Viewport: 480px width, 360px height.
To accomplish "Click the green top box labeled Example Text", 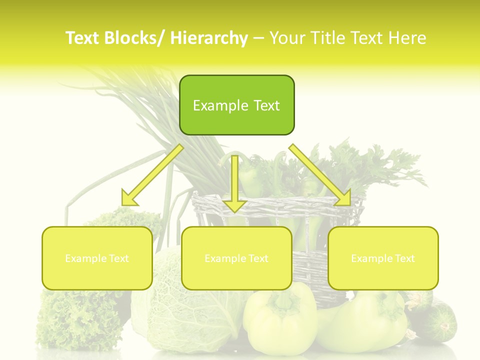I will (x=236, y=105).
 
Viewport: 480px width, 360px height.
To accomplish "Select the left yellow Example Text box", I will (x=97, y=258).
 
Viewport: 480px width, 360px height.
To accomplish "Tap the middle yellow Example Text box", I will (x=236, y=258).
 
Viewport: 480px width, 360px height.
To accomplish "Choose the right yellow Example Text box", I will (x=383, y=258).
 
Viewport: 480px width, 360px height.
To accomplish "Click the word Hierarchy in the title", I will (x=209, y=38).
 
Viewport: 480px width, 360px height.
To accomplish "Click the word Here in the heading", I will (x=407, y=38).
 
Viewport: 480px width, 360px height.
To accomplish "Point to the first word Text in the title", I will (x=82, y=38).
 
